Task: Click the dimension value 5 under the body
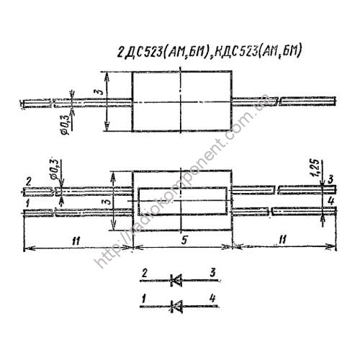pos(184,243)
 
